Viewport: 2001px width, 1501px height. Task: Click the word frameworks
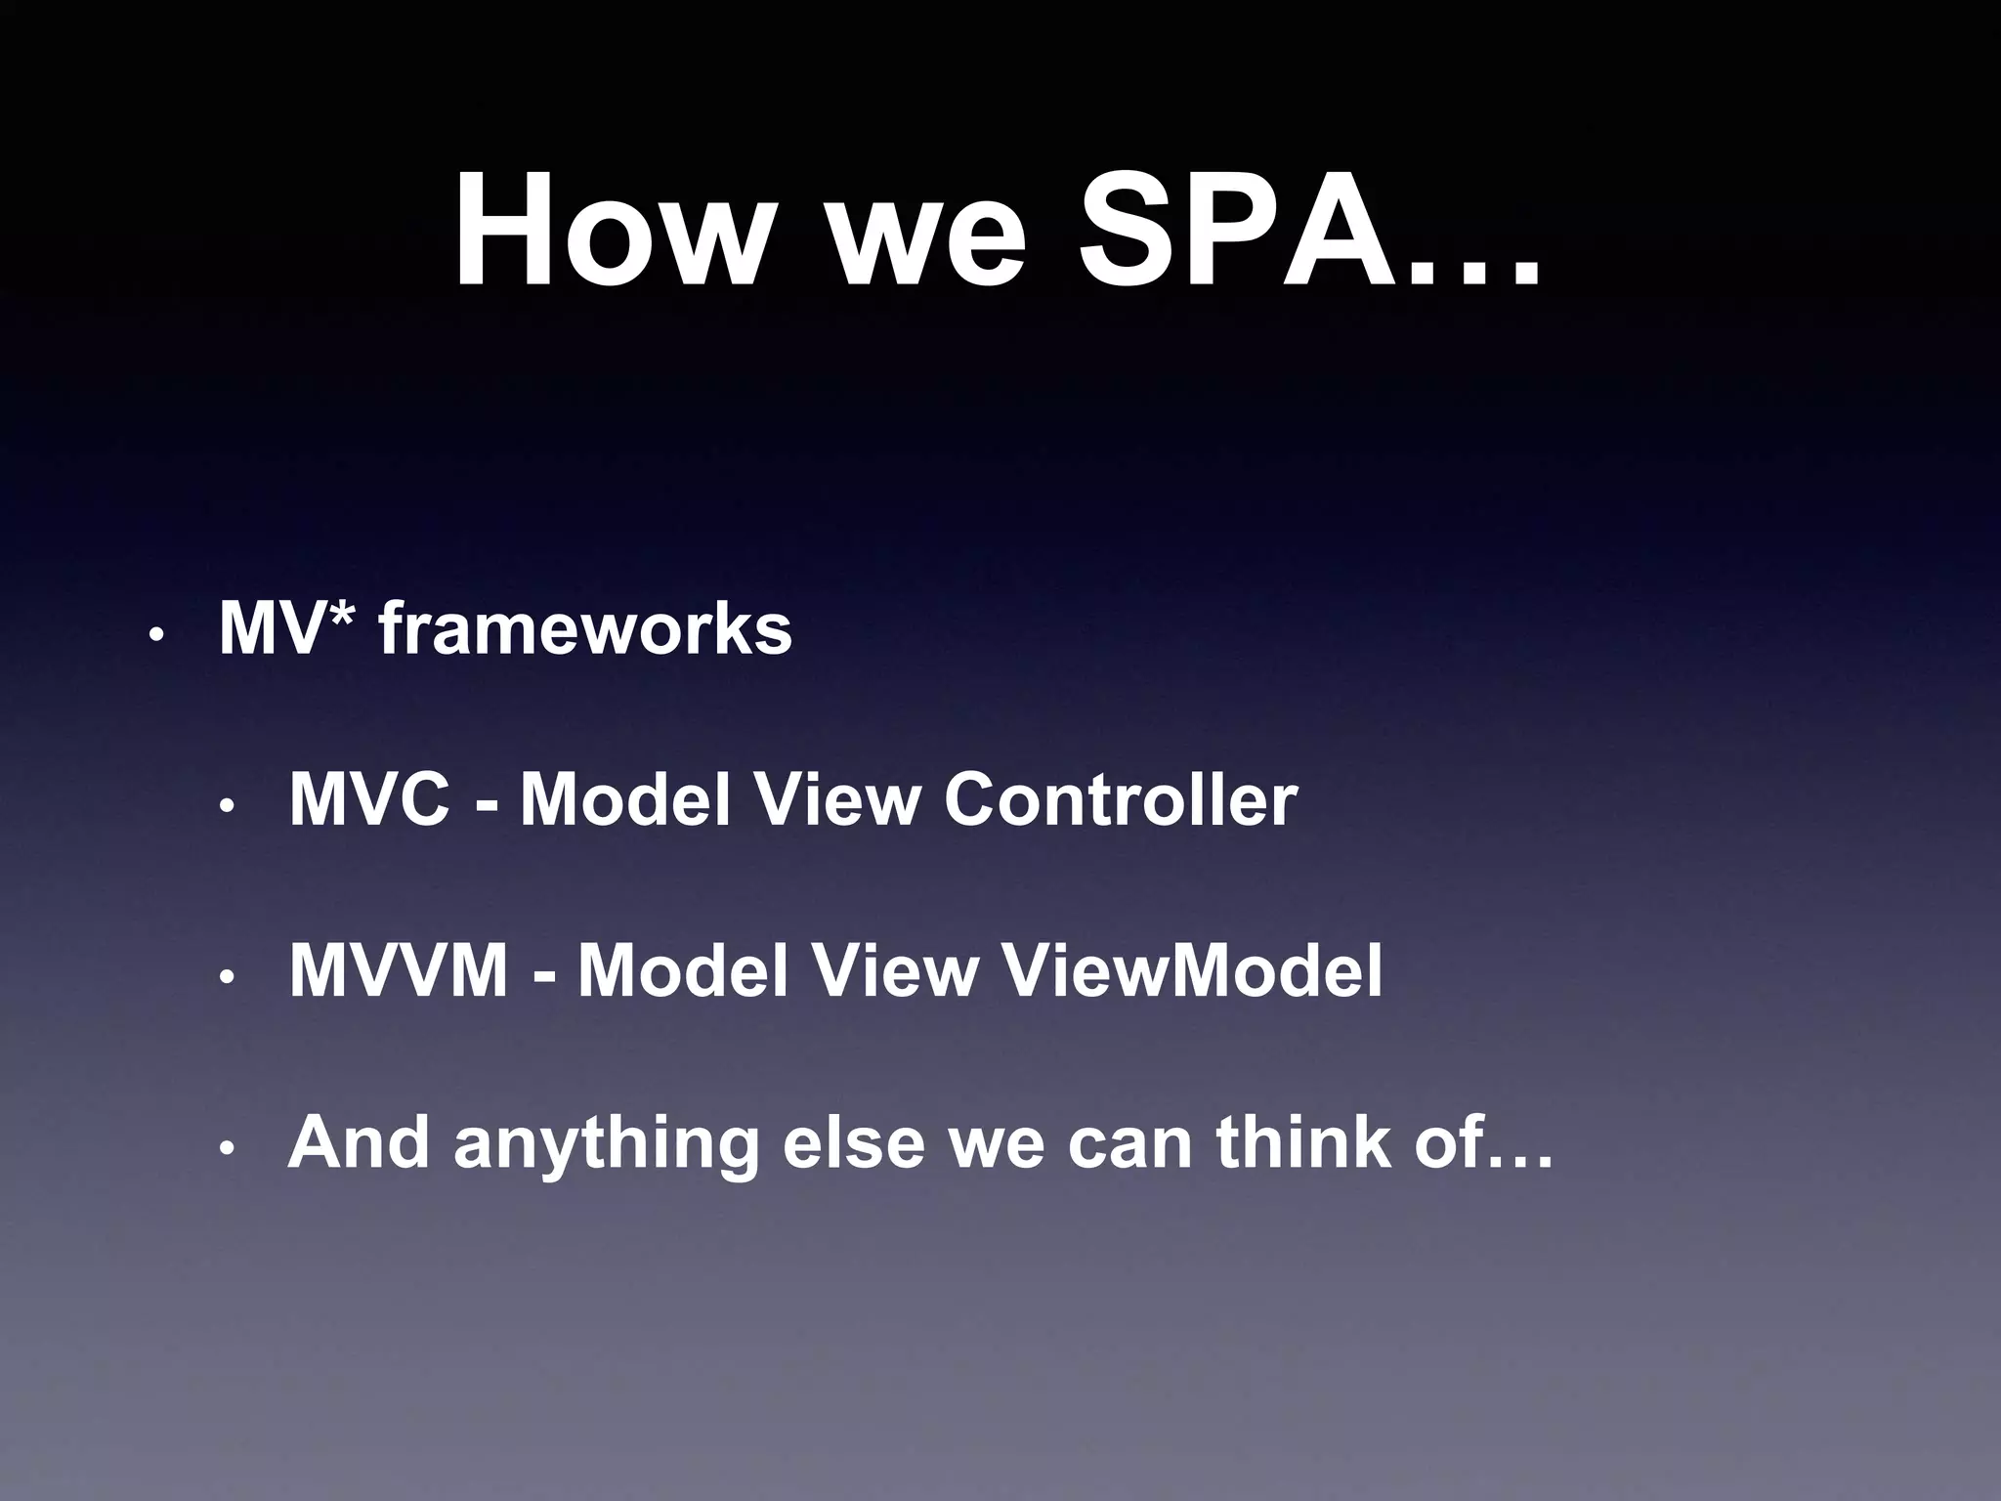coord(585,629)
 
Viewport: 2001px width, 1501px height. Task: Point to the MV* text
coord(284,629)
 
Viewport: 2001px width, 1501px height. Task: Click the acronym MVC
coord(370,800)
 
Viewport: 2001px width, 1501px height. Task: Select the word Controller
coord(1121,800)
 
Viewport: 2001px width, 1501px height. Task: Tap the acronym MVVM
coord(399,971)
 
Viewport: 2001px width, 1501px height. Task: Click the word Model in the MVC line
coord(625,800)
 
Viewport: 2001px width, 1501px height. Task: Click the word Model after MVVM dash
coord(683,971)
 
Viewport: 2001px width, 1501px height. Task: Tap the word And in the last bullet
coord(359,1142)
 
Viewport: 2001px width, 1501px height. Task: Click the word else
coord(853,1142)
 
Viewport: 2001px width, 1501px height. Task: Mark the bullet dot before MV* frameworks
coord(153,636)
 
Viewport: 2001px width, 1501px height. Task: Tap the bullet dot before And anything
coord(226,1148)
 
